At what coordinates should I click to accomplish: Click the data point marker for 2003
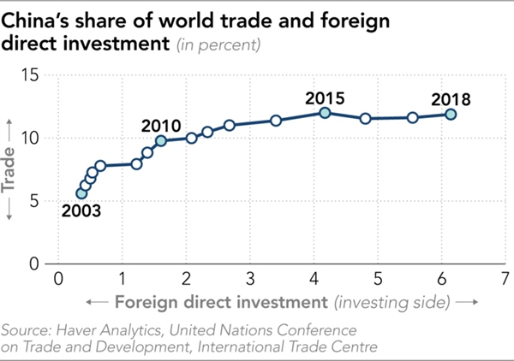click(81, 193)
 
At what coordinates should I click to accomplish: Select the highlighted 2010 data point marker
click(160, 140)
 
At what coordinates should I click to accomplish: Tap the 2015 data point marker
click(325, 113)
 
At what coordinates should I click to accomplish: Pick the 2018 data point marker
click(451, 114)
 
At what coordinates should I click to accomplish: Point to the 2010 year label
click(161, 126)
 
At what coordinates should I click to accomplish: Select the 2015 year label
click(325, 97)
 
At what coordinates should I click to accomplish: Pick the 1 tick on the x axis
click(123, 278)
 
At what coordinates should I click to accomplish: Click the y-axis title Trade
click(10, 170)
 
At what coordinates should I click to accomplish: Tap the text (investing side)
click(393, 302)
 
